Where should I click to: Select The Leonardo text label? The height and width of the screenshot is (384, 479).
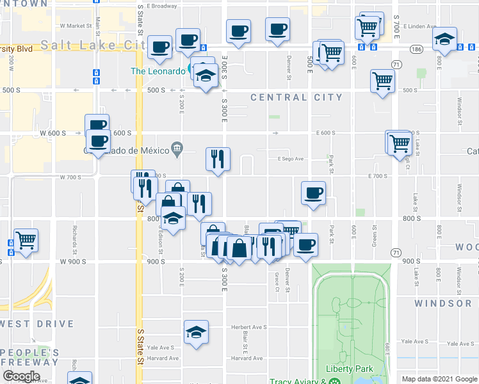coord(157,71)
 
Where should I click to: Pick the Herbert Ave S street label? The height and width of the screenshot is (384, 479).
coord(248,327)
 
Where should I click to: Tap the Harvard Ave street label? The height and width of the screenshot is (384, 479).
coord(247,358)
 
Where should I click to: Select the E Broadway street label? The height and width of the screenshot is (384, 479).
coord(161,6)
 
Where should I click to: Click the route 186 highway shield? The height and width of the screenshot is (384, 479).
coord(417,49)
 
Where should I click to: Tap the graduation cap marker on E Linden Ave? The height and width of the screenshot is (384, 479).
coord(444,40)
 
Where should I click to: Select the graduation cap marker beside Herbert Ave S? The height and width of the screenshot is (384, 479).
coord(197,332)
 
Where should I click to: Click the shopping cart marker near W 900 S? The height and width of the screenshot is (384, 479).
coord(26,241)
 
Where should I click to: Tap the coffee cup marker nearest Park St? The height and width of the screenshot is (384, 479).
coord(313,193)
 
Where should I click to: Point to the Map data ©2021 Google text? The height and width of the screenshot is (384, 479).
coord(439,378)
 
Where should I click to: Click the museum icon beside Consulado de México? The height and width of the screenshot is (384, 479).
coord(175,150)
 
